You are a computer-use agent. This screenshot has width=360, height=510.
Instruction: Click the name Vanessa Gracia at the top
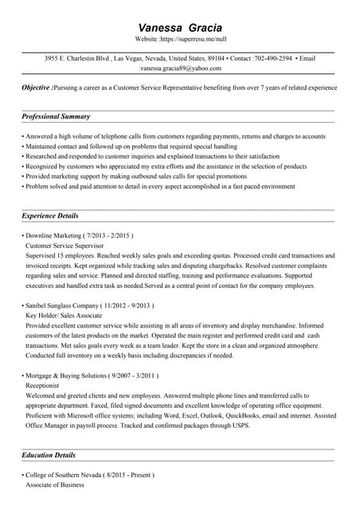click(x=180, y=28)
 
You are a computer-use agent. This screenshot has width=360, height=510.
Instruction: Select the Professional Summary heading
click(x=56, y=117)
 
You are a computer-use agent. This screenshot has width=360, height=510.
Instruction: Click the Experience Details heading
click(x=50, y=216)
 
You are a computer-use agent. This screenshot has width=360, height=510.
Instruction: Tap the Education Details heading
click(x=49, y=455)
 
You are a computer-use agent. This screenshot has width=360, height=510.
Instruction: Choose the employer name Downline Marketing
click(x=53, y=236)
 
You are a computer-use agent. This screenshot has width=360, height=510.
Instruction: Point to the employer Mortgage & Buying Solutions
click(x=66, y=375)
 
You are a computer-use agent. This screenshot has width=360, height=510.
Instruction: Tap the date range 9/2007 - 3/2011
click(x=134, y=375)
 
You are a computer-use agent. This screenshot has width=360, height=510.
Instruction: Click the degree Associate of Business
click(x=55, y=484)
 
